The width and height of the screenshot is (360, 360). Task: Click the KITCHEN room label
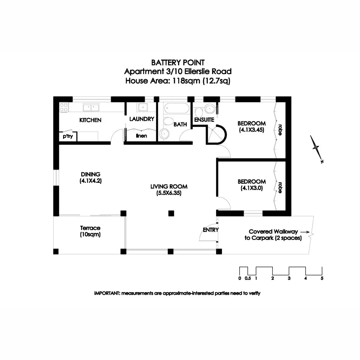pos(90,120)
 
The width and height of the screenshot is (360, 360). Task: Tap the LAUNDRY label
pos(142,119)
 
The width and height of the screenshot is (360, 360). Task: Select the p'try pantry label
pos(68,136)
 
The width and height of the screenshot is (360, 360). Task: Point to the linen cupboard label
pos(141,136)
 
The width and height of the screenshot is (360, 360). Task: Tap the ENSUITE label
pos(204,120)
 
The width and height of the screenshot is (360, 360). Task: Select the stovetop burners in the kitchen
pos(64,107)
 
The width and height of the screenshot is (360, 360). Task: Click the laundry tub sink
pos(142,107)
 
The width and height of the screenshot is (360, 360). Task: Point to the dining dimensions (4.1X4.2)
pos(91,181)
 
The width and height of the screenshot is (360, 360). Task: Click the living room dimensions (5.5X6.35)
pos(169,193)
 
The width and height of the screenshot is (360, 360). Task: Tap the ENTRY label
pos(211,230)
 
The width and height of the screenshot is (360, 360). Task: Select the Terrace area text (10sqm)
pos(90,235)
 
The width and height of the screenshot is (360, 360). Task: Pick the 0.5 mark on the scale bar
pos(247,278)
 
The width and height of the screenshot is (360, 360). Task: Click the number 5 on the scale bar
pos(322,278)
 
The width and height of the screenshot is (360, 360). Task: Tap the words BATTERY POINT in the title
pos(178,63)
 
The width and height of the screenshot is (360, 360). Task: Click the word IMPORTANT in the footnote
pos(106,293)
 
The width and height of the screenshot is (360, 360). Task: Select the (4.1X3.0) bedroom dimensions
pos(252,188)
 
